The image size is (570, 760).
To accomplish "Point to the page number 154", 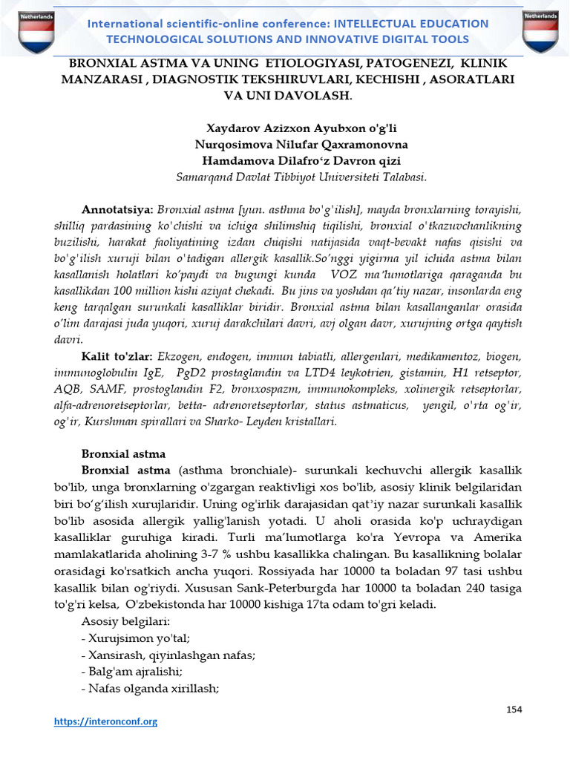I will coord(514,710).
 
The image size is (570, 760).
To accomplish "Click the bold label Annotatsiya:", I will coord(117,210).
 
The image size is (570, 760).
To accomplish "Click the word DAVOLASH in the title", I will coord(320,96).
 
